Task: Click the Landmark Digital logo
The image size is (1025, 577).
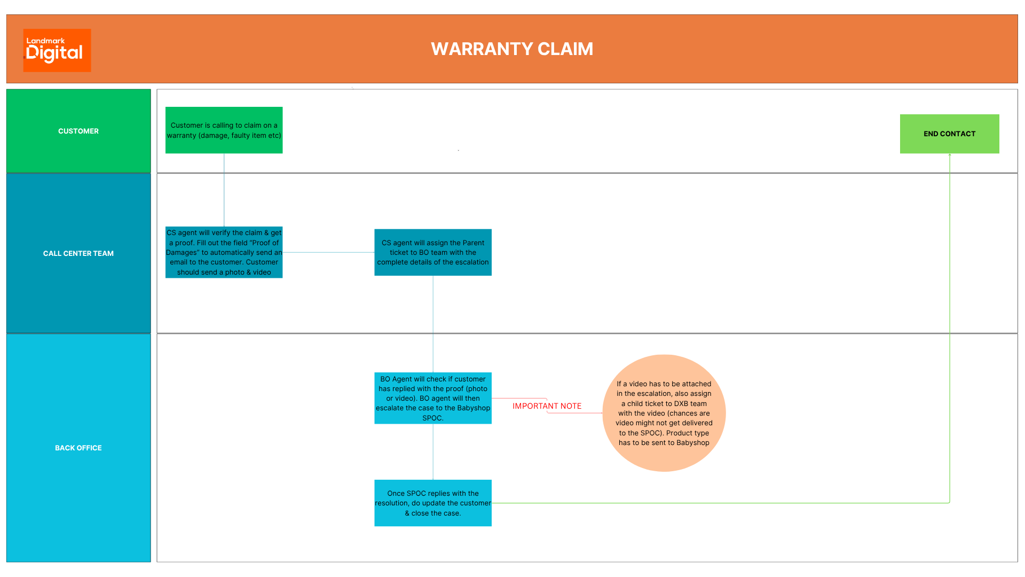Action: point(57,50)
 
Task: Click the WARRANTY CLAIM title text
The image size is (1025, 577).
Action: point(511,49)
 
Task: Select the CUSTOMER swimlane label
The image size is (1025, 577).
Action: point(78,131)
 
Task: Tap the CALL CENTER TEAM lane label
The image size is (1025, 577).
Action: point(78,253)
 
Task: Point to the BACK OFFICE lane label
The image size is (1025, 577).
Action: point(78,448)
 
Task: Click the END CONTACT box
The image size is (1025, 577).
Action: point(949,134)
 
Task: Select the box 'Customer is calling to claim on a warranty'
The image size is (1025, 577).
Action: point(224,130)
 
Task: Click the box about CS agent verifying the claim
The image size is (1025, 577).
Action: point(224,252)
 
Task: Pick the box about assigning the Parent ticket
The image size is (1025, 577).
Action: point(432,252)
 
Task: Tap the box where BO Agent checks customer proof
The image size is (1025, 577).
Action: point(432,398)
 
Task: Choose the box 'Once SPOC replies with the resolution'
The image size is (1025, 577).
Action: point(432,503)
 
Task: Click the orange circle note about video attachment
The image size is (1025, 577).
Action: point(664,413)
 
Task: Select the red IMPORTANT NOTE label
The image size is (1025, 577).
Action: point(547,406)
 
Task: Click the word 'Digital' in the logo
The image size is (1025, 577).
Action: point(54,53)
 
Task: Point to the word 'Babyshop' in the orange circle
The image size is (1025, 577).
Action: point(692,443)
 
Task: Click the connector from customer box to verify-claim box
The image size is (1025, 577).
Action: point(224,190)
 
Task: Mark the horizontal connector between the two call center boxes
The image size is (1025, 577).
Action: point(328,252)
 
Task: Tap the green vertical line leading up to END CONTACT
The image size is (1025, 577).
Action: point(950,321)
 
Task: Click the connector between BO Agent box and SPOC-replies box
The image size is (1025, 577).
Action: point(433,451)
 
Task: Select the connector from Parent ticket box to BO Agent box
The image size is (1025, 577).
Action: point(433,324)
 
